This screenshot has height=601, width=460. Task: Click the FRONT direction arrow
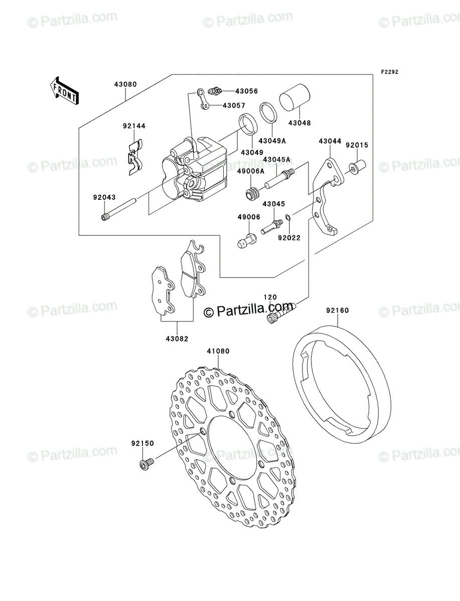coord(65,90)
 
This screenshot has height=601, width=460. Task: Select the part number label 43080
coord(125,84)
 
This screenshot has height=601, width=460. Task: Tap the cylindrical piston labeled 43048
coord(294,97)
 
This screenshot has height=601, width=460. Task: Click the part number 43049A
coord(272,141)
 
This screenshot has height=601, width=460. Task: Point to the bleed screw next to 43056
coord(215,91)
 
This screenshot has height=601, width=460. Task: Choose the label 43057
coord(234,105)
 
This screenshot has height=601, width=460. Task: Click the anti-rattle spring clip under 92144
coord(135,157)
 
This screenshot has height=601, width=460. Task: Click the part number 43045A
coord(276,159)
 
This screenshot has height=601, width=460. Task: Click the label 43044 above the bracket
coord(330,141)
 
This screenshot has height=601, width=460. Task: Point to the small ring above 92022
coord(288,218)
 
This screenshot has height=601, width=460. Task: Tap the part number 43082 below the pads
coord(177,339)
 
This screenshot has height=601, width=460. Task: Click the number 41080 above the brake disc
coord(218,351)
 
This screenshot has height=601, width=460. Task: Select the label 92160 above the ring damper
coord(338,310)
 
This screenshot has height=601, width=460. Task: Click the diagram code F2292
coord(390,72)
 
